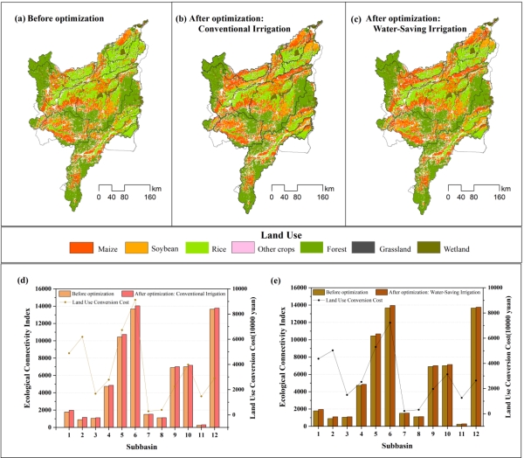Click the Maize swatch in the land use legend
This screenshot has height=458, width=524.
coord(83,249)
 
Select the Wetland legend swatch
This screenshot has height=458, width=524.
coord(429,249)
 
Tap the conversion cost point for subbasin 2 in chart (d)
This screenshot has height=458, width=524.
coord(82,337)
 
